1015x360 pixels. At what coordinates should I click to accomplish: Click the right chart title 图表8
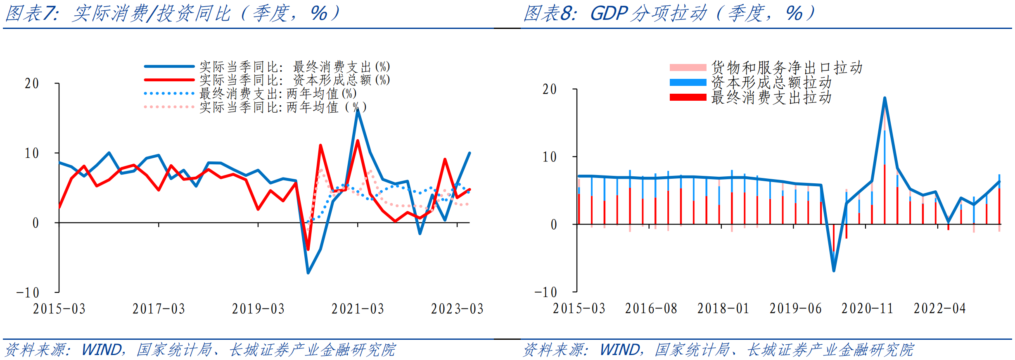click(550, 13)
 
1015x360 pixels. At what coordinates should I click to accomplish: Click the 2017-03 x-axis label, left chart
click(159, 309)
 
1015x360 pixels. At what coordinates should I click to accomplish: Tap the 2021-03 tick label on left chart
click(358, 309)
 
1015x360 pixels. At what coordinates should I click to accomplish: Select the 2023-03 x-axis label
click(457, 309)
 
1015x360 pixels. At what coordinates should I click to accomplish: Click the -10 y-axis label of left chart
click(28, 293)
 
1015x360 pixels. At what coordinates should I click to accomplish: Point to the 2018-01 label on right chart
click(723, 308)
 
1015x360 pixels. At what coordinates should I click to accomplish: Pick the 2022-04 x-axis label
click(939, 308)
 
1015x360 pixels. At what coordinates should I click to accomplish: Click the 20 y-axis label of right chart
click(550, 89)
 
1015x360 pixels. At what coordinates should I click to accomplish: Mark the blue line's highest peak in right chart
click(885, 98)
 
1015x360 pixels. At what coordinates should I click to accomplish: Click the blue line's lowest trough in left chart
click(308, 273)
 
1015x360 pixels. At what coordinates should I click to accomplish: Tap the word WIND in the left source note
click(102, 350)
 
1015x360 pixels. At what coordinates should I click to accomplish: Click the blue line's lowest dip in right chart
click(834, 271)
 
